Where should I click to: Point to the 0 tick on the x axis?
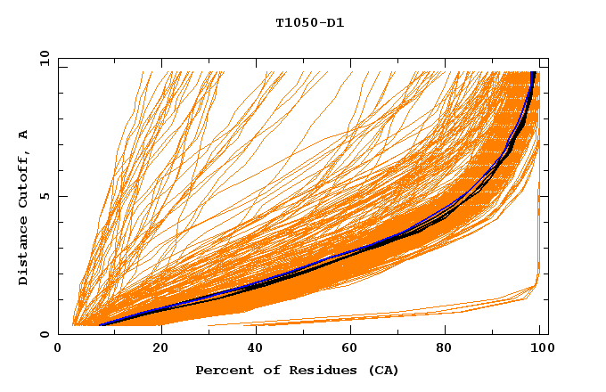coord(58,348)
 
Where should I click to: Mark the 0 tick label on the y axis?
coord(45,334)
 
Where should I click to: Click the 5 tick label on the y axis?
coord(45,196)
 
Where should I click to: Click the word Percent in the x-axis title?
coord(223,370)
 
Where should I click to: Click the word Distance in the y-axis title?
coord(23,250)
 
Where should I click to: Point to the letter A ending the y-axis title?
coord(23,135)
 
